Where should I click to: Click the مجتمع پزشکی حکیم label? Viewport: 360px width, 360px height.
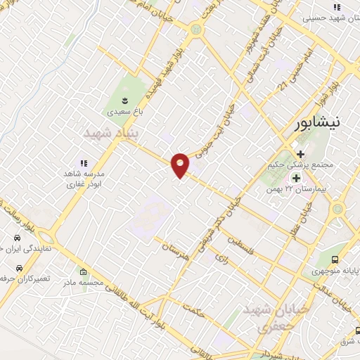291,166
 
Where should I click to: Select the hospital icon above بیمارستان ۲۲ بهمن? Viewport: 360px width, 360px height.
296,177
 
